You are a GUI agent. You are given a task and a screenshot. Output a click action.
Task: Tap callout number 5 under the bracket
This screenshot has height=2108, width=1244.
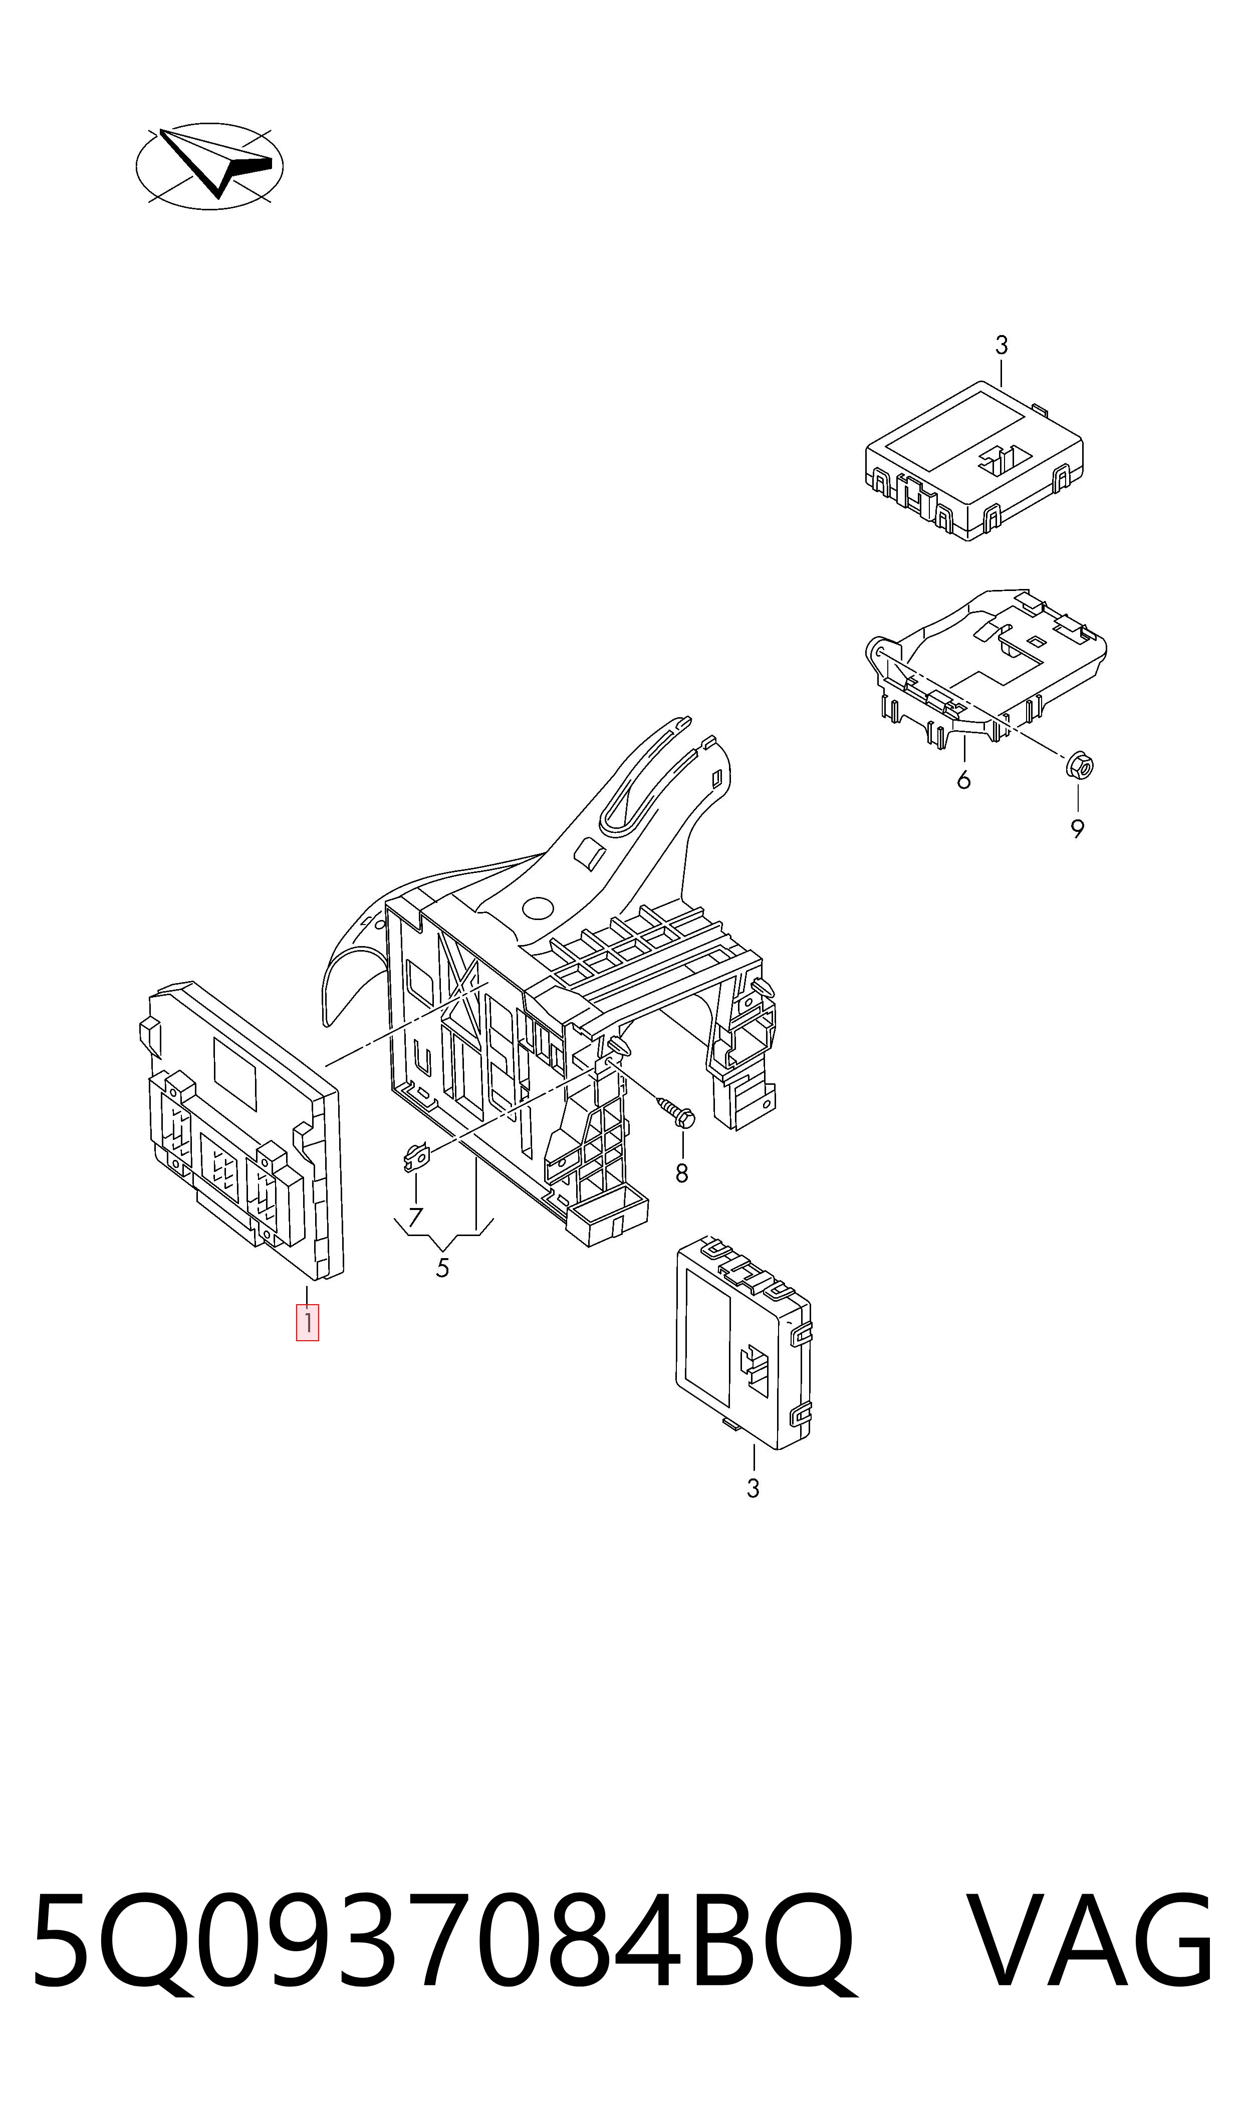coord(442,1268)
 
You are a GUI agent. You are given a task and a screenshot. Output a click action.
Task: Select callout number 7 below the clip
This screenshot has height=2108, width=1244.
coord(415,1217)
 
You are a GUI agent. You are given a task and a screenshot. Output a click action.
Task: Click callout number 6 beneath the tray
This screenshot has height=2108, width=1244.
coord(963,780)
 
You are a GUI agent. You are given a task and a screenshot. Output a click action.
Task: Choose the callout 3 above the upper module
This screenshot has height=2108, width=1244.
coord(1001,345)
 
